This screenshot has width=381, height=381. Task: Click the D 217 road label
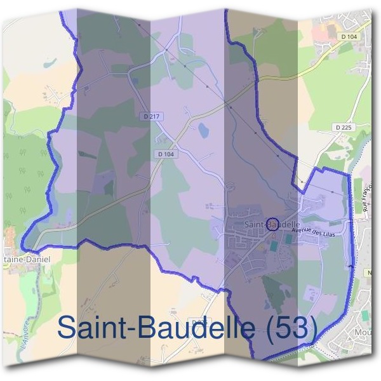(147, 117)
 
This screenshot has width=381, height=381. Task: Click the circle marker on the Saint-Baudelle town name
(272, 224)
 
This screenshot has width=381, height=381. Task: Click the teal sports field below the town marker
(290, 240)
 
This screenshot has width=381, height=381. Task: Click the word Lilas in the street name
(327, 233)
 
